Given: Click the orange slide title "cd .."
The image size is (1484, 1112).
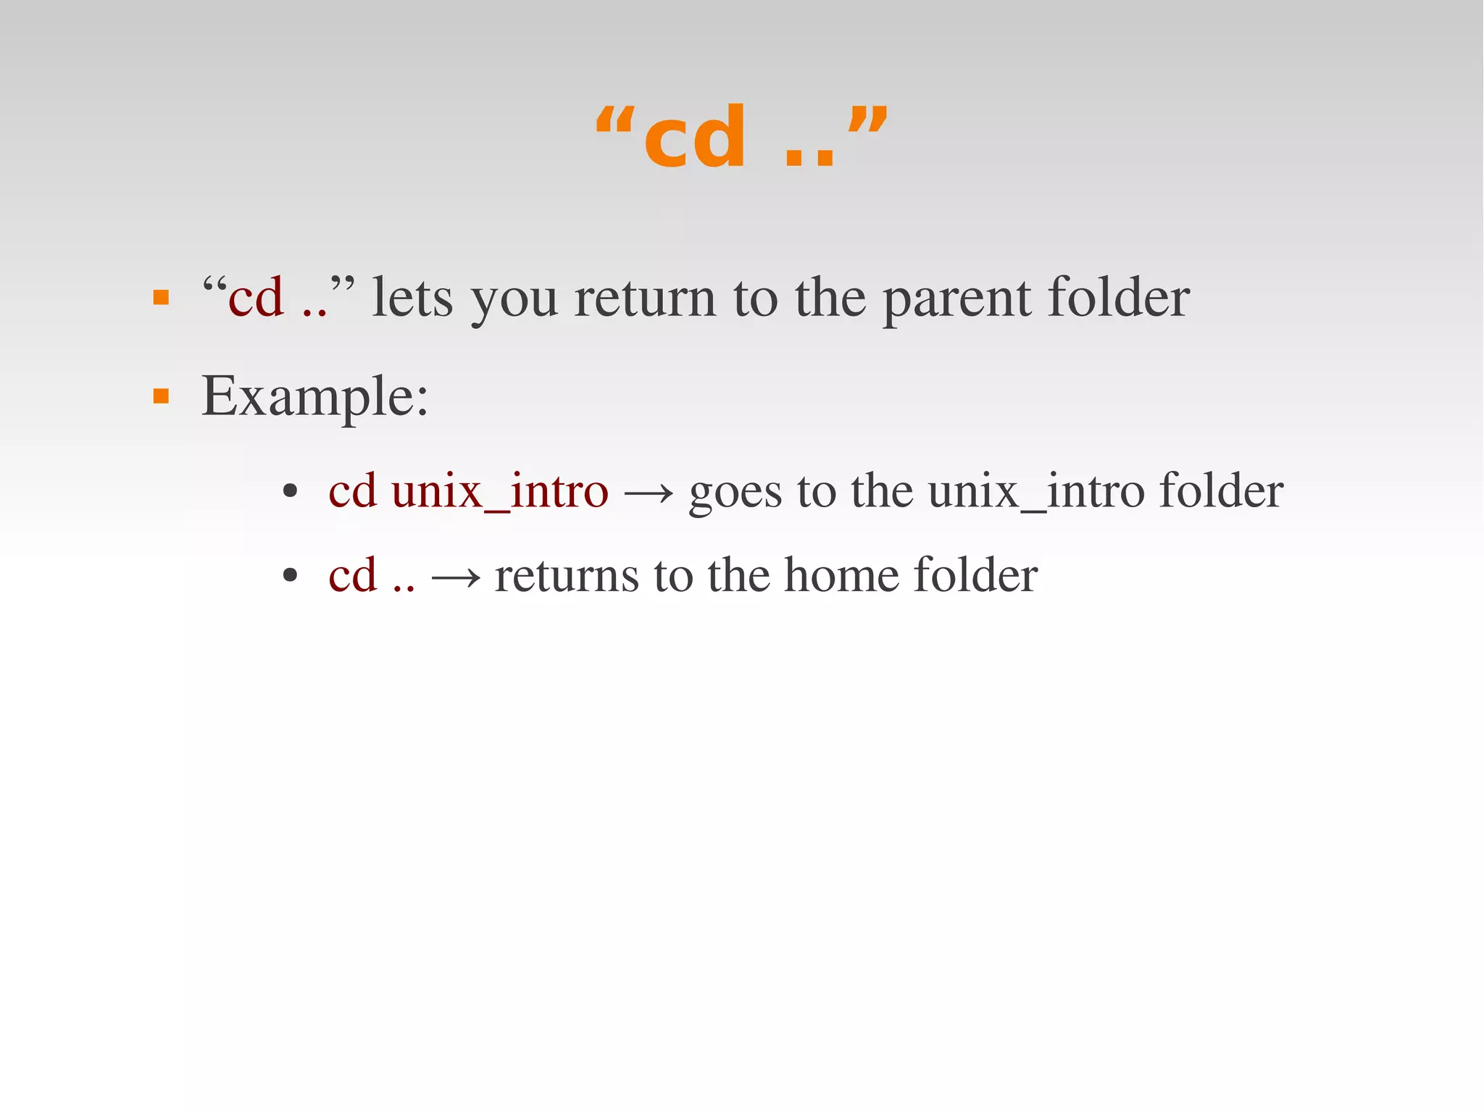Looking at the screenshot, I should tap(741, 137).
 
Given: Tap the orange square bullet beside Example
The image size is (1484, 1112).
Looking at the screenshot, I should tap(161, 396).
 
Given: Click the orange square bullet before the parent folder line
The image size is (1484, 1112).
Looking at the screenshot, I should tap(161, 298).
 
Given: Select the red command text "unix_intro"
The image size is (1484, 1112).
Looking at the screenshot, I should tap(499, 491).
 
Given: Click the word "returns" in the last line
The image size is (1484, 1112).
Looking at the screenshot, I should tap(567, 576).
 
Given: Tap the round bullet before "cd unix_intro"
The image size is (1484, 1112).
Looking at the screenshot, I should tap(291, 492).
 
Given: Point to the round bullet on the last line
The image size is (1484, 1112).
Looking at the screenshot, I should tap(291, 576).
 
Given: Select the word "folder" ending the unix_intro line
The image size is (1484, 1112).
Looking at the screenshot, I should tap(1221, 491).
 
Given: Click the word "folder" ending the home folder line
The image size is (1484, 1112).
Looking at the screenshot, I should tap(975, 575).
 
